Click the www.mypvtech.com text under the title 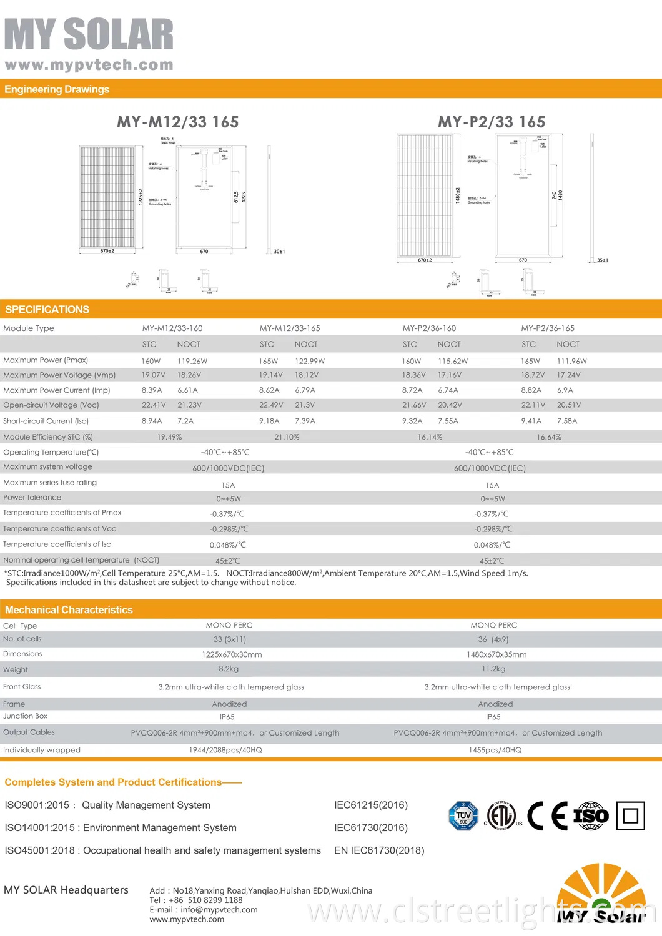[89, 65]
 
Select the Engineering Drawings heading [57, 89]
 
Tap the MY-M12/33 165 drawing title [178, 122]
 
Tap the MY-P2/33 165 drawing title [492, 122]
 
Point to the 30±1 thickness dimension [279, 252]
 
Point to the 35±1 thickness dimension [602, 260]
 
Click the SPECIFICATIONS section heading [47, 310]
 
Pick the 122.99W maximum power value [310, 361]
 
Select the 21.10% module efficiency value [287, 437]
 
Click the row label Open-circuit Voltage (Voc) [51, 405]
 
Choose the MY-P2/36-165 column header [548, 328]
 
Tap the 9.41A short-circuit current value [531, 421]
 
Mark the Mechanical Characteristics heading [69, 610]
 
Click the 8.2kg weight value [229, 669]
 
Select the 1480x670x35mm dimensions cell [496, 654]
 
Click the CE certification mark [547, 815]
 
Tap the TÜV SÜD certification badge [463, 815]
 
